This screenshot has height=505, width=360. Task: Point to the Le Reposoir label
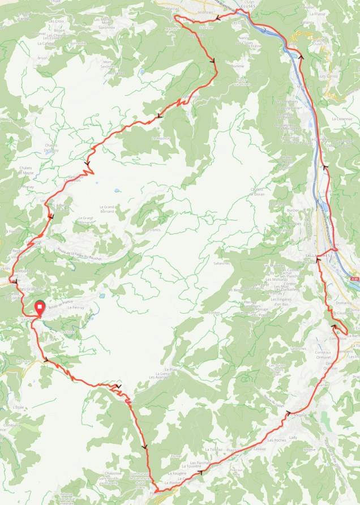click(161, 138)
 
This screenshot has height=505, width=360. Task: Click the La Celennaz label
click(342, 119)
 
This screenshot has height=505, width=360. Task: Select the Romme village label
click(238, 66)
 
